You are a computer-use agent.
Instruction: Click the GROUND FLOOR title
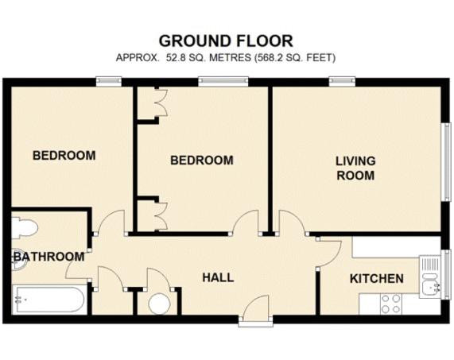[x=226, y=41]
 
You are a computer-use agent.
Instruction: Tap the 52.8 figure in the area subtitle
[x=176, y=58]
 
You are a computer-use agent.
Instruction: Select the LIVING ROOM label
[x=355, y=168]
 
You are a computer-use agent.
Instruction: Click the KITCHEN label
[x=377, y=279]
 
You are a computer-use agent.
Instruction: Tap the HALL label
[x=218, y=277]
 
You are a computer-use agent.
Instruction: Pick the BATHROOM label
[x=49, y=257]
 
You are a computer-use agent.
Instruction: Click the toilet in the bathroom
[x=25, y=228]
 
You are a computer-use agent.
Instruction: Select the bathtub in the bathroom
[x=49, y=300]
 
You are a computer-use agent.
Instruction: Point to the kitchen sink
[x=430, y=277]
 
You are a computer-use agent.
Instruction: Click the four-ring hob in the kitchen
[x=391, y=304]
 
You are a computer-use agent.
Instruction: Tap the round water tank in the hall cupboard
[x=159, y=304]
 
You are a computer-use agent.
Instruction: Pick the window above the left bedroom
[x=109, y=81]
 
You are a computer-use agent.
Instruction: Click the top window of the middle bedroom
[x=223, y=81]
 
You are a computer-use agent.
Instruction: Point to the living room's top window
[x=342, y=81]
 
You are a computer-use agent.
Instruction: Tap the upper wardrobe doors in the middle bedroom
[x=161, y=103]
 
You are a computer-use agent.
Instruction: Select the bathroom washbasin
[x=19, y=259]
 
